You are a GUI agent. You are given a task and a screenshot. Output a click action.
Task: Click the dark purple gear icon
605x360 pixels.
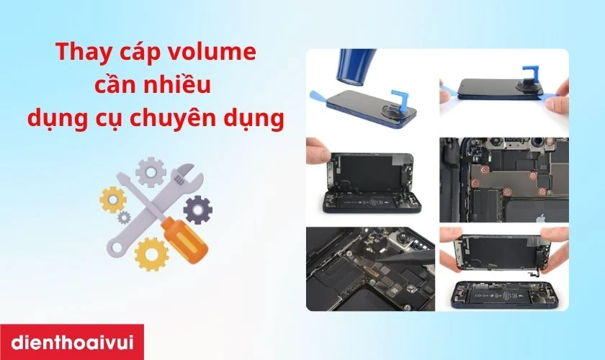[x=197, y=210]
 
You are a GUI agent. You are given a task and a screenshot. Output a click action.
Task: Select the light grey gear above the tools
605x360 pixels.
[x=151, y=172]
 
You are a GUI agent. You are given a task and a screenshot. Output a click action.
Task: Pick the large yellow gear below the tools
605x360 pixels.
[x=151, y=253]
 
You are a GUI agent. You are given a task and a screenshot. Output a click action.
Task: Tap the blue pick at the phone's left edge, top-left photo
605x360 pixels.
[x=322, y=96]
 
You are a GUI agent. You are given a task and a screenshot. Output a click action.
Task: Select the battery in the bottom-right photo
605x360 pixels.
[x=504, y=295]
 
